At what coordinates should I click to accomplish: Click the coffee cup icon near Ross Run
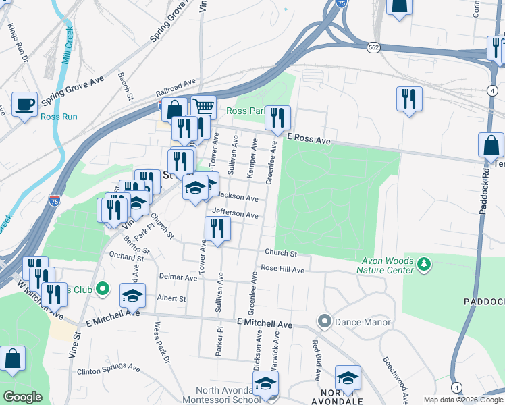pos(25,105)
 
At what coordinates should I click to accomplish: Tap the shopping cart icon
pos(203,107)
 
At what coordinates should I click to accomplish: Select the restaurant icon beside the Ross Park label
pos(277,118)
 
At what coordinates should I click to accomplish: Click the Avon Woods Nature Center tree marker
pos(423,263)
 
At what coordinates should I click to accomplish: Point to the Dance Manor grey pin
pos(325,321)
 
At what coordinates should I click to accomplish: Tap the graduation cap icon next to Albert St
pos(133,296)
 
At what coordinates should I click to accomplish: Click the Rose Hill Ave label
pos(283,269)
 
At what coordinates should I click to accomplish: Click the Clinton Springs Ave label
pos(108,369)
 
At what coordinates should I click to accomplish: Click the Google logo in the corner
pos(22,396)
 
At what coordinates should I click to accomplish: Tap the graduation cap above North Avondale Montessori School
pos(265,383)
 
